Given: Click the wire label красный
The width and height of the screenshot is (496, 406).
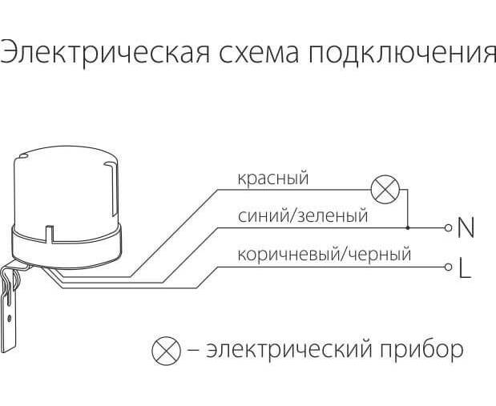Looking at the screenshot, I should click(x=272, y=179).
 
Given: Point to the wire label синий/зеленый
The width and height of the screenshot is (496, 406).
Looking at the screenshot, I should click(x=303, y=215).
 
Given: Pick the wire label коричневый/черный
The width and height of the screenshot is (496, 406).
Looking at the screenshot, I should click(x=324, y=255).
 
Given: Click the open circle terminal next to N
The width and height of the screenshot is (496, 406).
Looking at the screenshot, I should click(x=449, y=228).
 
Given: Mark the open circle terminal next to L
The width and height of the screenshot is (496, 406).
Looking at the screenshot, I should click(x=449, y=266).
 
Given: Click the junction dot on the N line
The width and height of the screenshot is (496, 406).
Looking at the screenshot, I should click(x=407, y=228).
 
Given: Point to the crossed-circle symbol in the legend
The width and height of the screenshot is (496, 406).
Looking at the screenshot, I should click(x=166, y=350).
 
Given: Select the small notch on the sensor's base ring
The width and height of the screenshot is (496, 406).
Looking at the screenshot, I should click(x=50, y=235).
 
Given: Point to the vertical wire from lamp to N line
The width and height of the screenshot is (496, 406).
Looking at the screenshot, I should click(x=407, y=209).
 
